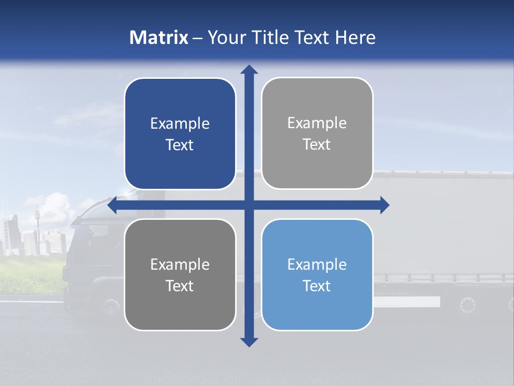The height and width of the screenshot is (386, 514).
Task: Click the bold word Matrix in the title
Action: [159, 38]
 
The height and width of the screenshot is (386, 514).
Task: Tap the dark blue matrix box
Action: [180, 133]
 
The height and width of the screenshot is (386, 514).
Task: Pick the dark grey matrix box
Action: [180, 274]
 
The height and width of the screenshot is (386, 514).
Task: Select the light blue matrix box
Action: [317, 274]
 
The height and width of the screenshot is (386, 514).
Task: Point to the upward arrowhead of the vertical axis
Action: [249, 69]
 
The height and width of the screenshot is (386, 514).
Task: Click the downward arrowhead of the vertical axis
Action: [249, 342]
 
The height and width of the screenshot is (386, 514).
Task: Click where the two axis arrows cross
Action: [249, 205]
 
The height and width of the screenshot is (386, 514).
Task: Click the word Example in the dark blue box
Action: [180, 124]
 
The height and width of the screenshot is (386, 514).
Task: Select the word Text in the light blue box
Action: [317, 286]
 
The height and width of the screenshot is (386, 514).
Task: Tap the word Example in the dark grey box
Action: [180, 264]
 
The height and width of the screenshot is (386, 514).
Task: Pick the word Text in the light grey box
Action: [317, 144]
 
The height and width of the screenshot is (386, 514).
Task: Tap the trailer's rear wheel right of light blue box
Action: [467, 306]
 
